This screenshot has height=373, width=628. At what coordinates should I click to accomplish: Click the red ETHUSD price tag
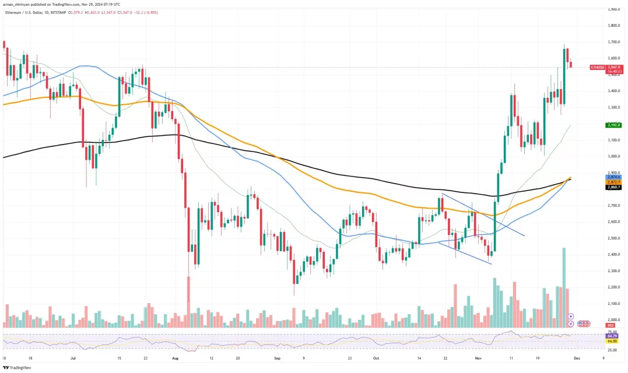pyautogui.click(x=597, y=67)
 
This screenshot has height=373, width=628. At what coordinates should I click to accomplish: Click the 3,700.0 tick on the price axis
pyautogui.click(x=613, y=42)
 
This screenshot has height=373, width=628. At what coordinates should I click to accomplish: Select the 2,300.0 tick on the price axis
pyautogui.click(x=613, y=271)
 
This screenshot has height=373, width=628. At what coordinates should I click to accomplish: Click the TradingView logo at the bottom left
pyautogui.click(x=17, y=368)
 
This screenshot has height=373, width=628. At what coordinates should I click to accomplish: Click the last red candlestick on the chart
pyautogui.click(x=571, y=64)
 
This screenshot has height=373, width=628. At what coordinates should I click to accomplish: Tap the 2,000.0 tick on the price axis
pyautogui.click(x=613, y=320)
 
